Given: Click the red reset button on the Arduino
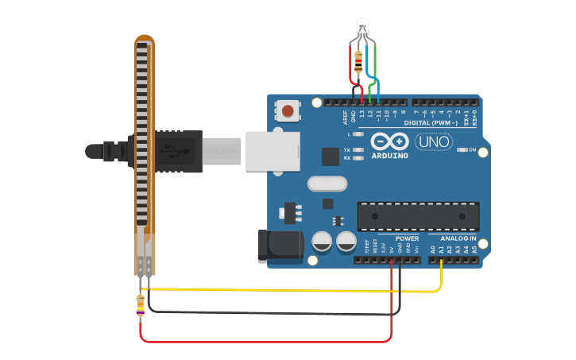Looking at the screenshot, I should coord(287,110).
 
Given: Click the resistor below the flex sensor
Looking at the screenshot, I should coord(141,304).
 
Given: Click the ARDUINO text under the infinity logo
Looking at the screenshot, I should coord(389,156).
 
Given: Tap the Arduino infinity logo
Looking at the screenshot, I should coord(390,141).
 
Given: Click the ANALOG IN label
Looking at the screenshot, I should coord(458,238).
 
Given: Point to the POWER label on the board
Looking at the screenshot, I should coord(407,238).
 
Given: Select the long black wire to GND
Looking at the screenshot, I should coord(270,313).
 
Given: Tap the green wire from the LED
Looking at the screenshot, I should coord(373,68).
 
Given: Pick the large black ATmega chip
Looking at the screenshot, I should coord(411,216).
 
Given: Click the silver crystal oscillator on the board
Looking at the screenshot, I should coord(327,184).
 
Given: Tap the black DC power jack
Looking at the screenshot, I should coord(279,246).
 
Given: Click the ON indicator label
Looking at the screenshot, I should coord(472,149).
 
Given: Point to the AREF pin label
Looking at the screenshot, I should coord(345,117).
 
